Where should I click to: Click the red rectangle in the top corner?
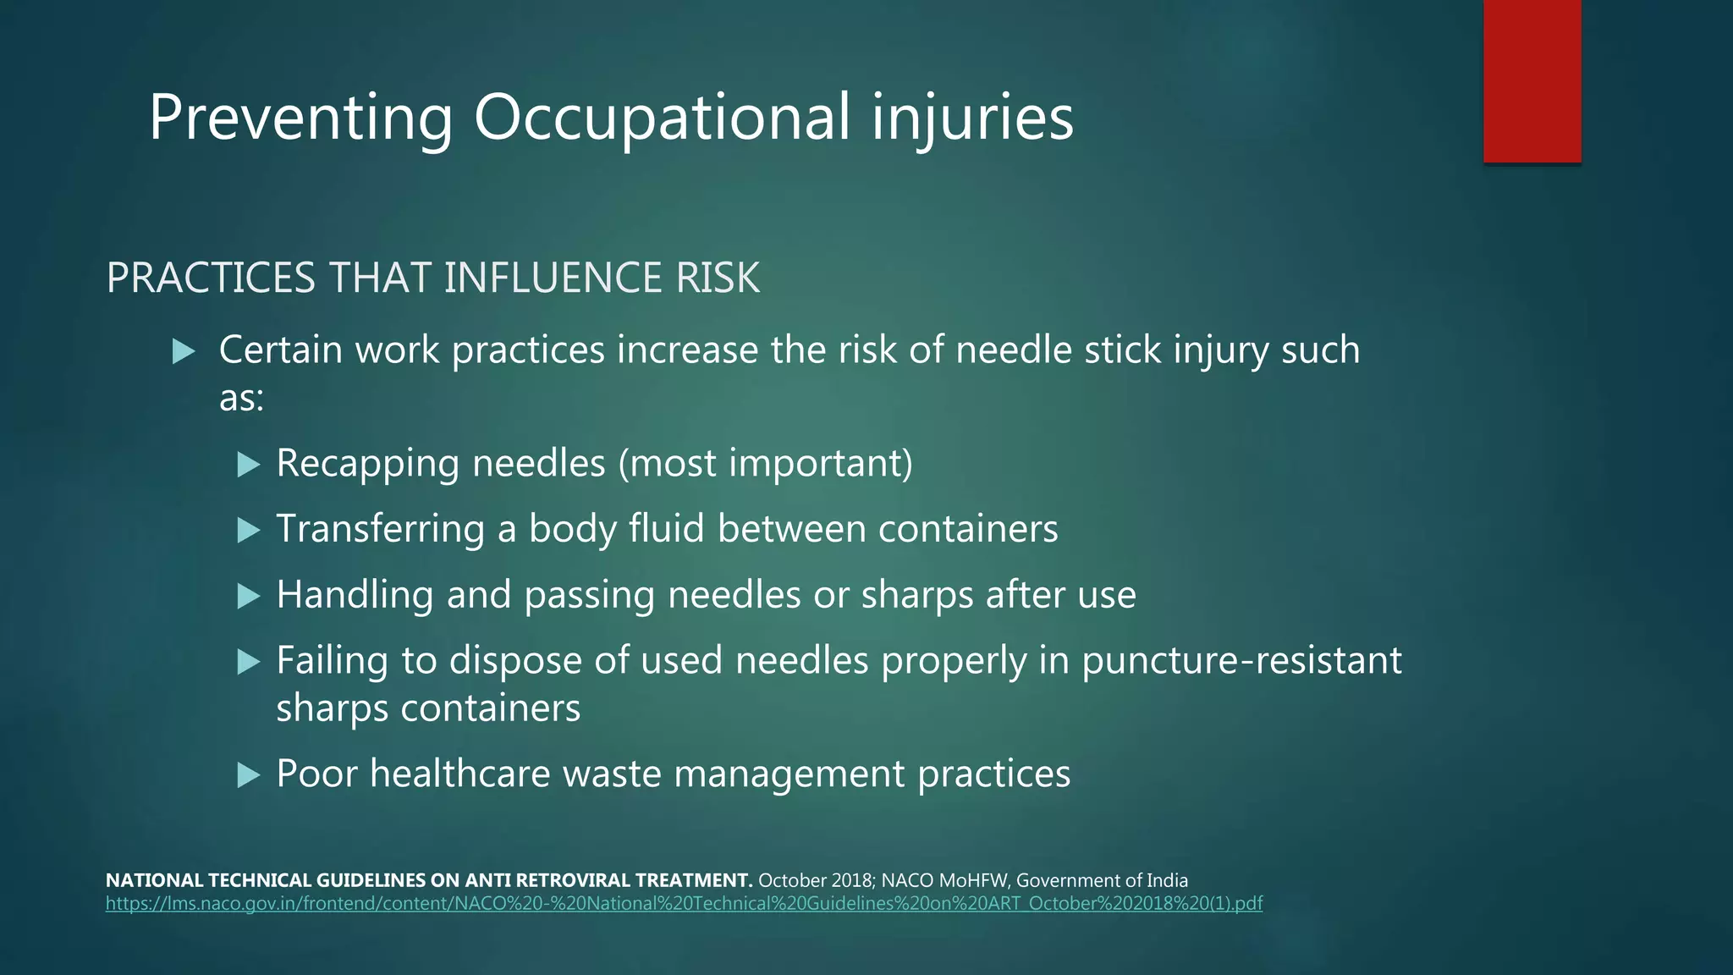pyautogui.click(x=1532, y=80)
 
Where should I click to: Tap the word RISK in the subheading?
pyautogui.click(x=718, y=278)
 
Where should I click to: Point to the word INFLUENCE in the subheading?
pyautogui.click(x=553, y=278)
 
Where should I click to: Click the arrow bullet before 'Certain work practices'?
pyautogui.click(x=184, y=350)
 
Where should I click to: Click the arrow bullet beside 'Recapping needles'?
pyautogui.click(x=248, y=464)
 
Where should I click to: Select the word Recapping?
pyautogui.click(x=368, y=463)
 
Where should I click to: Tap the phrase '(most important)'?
pyautogui.click(x=766, y=463)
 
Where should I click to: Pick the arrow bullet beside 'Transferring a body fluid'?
pyautogui.click(x=248, y=530)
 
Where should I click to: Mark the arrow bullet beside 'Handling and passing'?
pyautogui.click(x=248, y=596)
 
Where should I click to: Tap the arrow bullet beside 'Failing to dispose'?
pyautogui.click(x=248, y=661)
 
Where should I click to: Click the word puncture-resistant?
pyautogui.click(x=1241, y=661)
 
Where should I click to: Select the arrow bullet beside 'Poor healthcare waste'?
pyautogui.click(x=248, y=774)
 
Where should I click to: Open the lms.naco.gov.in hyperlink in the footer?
pyautogui.click(x=684, y=904)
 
